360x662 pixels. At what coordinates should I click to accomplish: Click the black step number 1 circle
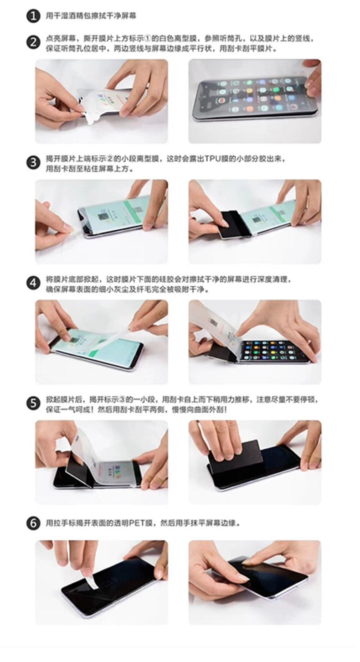(x=33, y=16)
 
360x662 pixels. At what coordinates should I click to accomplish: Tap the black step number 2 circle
(x=33, y=42)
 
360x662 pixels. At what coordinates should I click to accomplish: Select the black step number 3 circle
(x=33, y=163)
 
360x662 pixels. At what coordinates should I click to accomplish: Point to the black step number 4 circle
(x=33, y=283)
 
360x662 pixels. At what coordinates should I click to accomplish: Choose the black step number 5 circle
(x=33, y=403)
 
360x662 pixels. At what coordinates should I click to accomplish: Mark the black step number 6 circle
(x=33, y=523)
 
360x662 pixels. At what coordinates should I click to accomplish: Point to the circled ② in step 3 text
(x=110, y=159)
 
